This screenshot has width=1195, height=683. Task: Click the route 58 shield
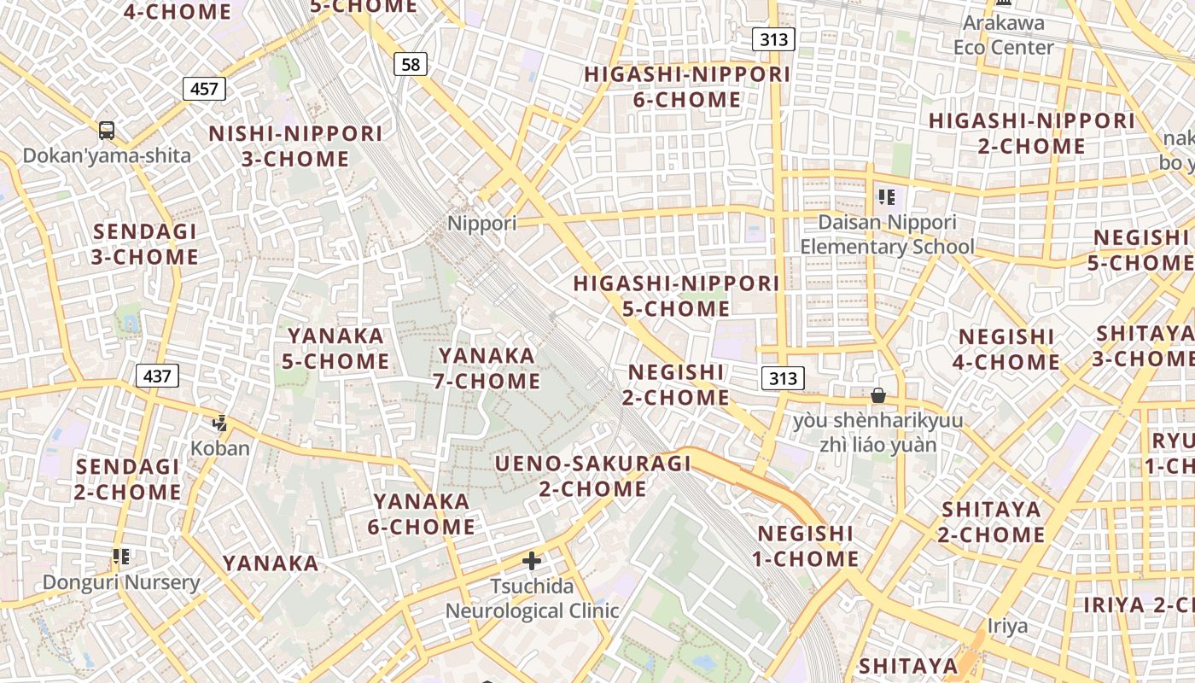(411, 64)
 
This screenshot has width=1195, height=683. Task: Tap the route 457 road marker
(204, 88)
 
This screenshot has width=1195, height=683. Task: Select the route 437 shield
(157, 375)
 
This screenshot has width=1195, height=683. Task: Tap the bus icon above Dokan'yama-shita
(107, 131)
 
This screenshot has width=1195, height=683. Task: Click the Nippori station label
(482, 224)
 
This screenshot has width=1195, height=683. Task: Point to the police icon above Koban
(220, 423)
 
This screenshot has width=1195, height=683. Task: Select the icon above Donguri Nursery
(121, 557)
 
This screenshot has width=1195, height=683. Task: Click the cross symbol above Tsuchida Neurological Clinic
(532, 561)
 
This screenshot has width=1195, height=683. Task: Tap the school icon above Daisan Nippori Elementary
(887, 197)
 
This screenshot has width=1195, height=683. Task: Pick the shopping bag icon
(877, 395)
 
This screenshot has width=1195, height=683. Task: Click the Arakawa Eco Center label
(1003, 35)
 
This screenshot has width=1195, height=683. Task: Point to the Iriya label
(1008, 626)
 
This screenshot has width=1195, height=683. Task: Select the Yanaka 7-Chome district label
(487, 368)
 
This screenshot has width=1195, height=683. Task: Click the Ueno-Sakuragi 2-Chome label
(593, 476)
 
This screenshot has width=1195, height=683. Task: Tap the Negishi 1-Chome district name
(806, 546)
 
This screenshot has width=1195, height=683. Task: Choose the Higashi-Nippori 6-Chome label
(687, 87)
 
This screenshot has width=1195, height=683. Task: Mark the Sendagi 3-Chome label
(145, 244)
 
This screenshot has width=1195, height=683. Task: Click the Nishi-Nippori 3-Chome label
(295, 146)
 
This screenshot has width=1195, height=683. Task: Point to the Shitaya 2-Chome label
(992, 522)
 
